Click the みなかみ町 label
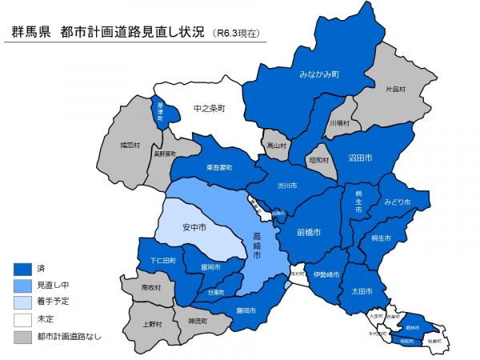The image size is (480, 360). (319, 74)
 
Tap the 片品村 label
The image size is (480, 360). (395, 90)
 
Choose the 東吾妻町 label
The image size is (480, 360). (218, 167)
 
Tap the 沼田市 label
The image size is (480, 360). (360, 158)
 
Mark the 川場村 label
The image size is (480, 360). (339, 124)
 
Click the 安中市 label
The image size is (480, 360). (194, 228)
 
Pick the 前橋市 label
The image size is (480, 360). (308, 232)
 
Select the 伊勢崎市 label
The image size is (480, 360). (326, 274)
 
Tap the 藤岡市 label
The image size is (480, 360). (246, 310)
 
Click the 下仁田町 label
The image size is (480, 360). (162, 261)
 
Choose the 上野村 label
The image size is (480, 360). (151, 324)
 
